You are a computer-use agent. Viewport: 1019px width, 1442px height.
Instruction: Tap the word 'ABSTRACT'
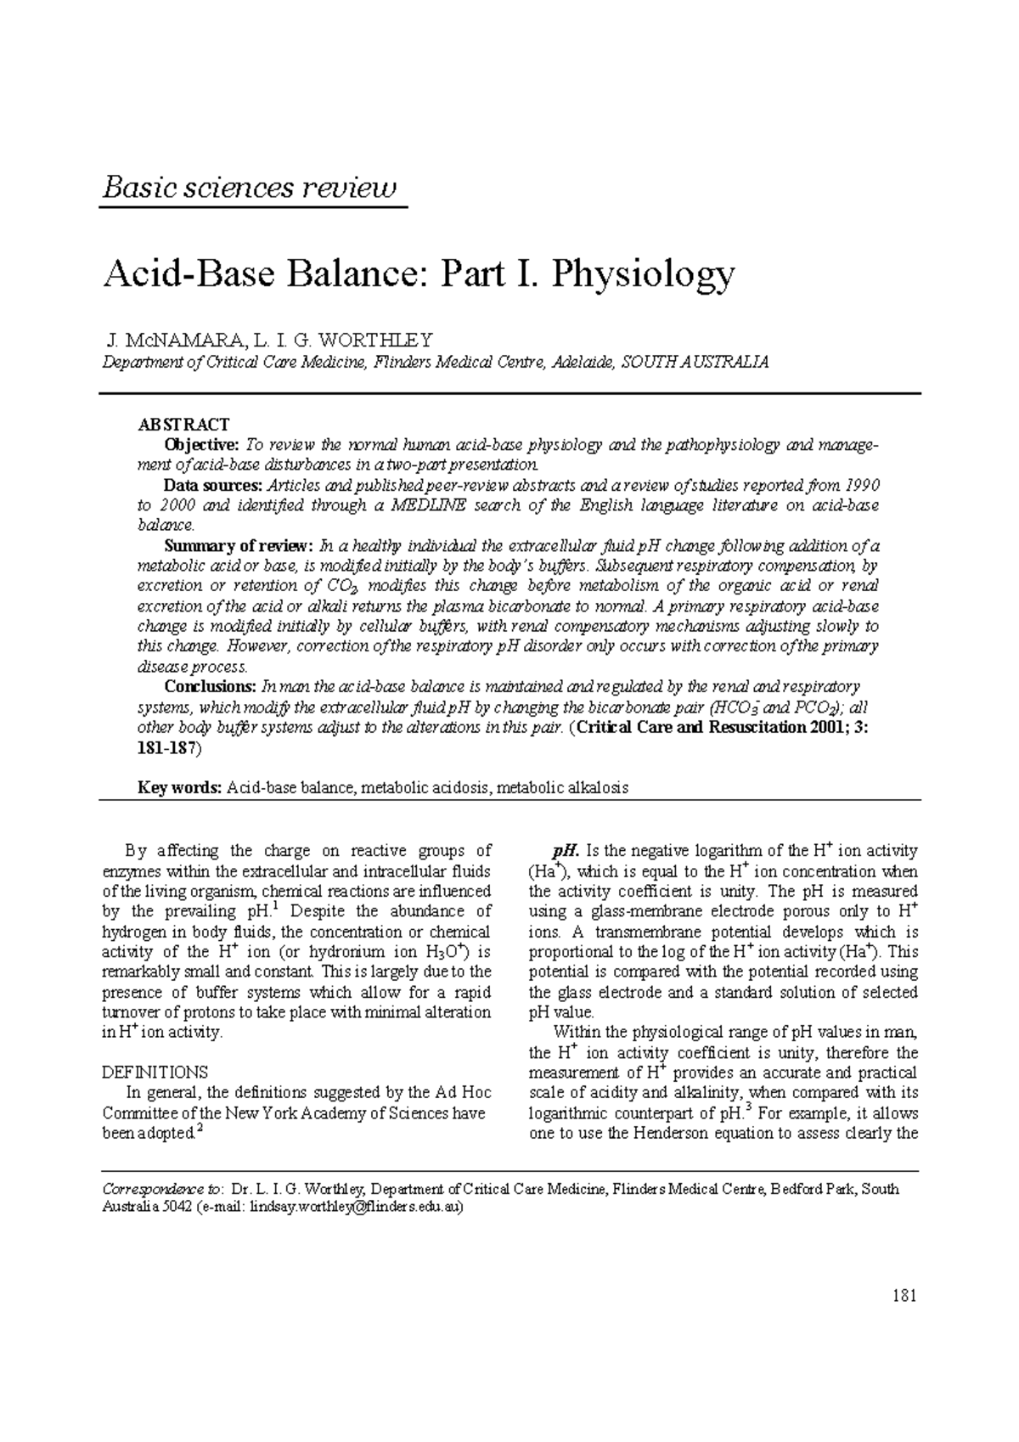pos(184,425)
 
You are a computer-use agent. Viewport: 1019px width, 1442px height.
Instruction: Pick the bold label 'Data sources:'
pos(212,486)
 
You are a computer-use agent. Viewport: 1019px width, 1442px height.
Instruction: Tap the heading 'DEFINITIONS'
pos(155,1073)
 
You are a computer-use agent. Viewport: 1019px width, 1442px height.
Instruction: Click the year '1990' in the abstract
pos(861,486)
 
